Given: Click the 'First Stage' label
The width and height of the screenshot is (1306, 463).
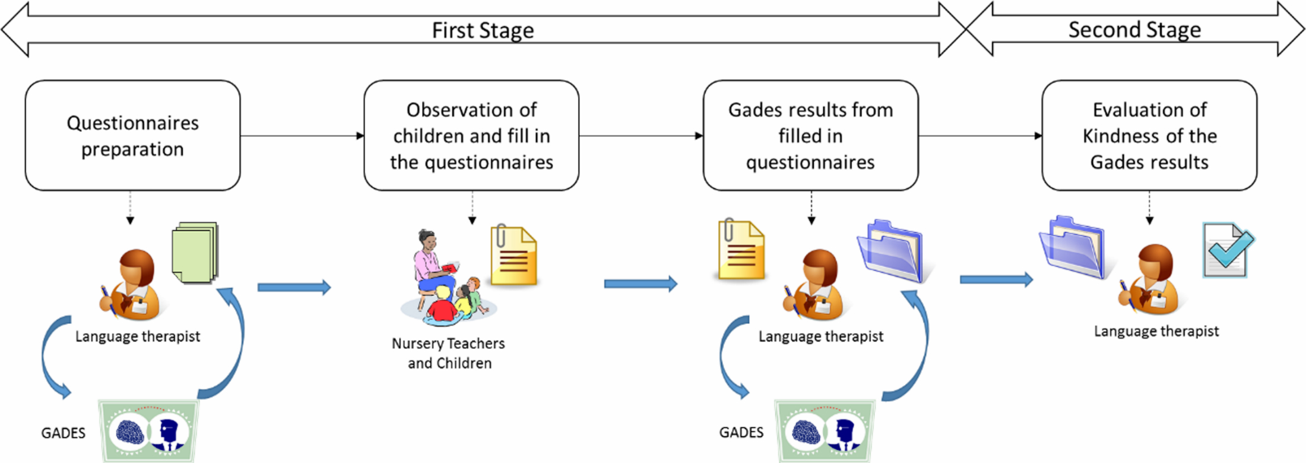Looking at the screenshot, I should coord(483,30).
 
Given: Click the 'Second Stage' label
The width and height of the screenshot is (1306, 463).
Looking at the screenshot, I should coord(1134,30).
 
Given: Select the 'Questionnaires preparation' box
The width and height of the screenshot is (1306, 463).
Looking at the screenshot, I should coord(132,136).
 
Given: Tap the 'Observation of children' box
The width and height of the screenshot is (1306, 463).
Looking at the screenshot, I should coord(471,136).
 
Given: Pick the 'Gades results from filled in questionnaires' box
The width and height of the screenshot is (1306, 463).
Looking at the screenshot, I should coord(810,136).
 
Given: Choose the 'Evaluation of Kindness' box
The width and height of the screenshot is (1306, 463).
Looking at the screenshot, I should coord(1149,136).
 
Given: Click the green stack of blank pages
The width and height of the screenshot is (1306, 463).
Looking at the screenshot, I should coord(195,252).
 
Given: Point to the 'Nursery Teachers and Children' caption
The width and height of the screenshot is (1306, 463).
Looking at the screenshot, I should coord(449,353).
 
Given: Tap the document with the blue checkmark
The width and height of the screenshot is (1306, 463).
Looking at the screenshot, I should coord(1228,250).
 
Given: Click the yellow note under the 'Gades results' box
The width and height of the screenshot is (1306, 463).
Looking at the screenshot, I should coord(741,250).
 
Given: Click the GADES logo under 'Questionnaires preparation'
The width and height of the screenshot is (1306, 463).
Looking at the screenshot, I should coord(148,431).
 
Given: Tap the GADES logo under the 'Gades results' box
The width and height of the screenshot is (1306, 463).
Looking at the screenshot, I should coord(825,431).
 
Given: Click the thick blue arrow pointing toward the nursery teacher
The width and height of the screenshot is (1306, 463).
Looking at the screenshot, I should coord(294,288).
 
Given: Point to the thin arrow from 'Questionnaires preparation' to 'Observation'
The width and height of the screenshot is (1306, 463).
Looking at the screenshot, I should coord(302,136).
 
